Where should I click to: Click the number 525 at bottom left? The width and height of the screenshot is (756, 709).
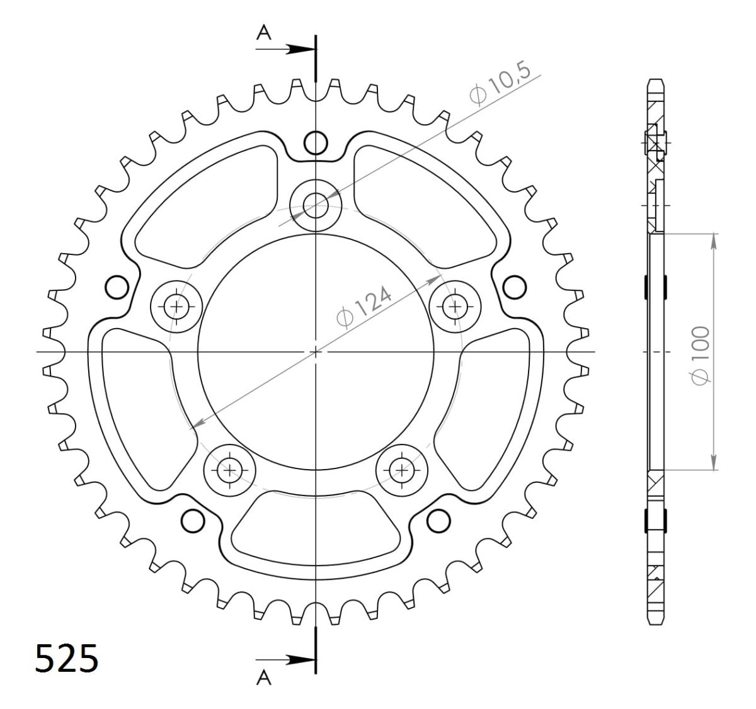tap(67, 659)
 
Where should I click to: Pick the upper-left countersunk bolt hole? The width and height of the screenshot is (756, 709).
tap(176, 307)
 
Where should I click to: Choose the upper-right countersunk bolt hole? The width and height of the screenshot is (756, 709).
tap(454, 307)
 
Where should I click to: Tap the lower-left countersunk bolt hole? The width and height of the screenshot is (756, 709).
tap(229, 469)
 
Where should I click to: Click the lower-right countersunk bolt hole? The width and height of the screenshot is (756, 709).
tap(401, 469)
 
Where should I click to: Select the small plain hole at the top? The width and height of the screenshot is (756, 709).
tap(316, 144)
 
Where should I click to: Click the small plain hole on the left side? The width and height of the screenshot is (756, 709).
tap(116, 287)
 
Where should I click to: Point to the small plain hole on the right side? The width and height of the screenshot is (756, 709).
tap(515, 287)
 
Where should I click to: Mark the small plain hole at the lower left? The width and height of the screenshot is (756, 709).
tap(193, 520)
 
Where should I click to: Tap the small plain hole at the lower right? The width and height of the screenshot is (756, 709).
tap(438, 520)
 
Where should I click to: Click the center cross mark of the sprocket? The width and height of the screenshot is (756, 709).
tap(316, 351)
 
